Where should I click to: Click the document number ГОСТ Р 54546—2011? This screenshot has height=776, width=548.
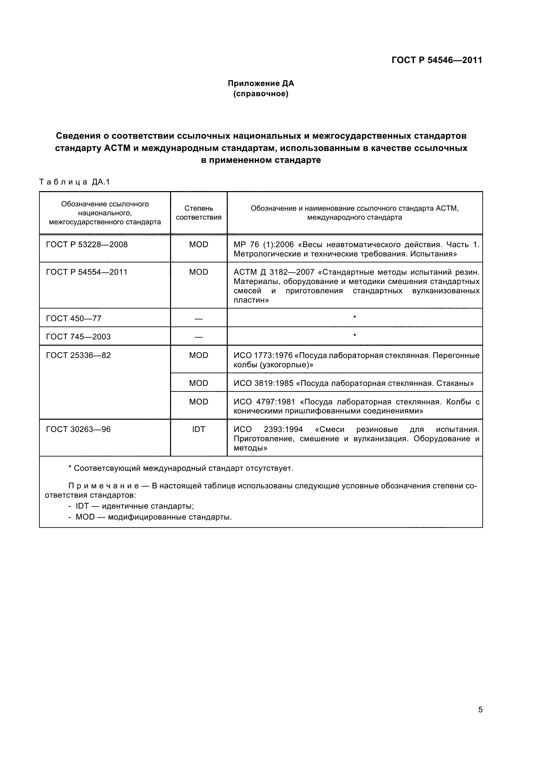click(x=437, y=60)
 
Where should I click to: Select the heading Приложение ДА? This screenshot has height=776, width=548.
click(x=261, y=83)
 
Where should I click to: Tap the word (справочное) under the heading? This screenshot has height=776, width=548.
click(x=261, y=94)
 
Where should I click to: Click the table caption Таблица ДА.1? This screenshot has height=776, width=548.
click(x=75, y=182)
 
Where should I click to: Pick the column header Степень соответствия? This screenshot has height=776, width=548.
click(x=199, y=213)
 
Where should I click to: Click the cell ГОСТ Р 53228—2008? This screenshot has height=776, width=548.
click(x=87, y=245)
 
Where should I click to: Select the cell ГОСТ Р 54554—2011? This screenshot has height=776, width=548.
click(x=87, y=272)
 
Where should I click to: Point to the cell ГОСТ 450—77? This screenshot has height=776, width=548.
click(x=74, y=318)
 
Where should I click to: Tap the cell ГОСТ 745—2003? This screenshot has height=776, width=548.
click(x=78, y=337)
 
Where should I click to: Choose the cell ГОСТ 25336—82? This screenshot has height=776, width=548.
click(x=78, y=355)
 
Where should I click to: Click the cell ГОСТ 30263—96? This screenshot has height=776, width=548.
click(x=78, y=429)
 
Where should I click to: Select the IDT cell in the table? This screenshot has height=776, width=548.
click(x=199, y=429)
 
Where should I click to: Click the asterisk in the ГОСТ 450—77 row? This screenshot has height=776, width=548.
click(x=354, y=317)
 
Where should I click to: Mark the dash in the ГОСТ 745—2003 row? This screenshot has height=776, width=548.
click(x=199, y=337)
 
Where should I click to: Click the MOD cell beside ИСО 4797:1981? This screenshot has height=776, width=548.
click(x=199, y=401)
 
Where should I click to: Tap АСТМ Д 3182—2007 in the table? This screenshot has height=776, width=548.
click(x=274, y=272)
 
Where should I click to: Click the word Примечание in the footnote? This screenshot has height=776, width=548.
click(x=103, y=486)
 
